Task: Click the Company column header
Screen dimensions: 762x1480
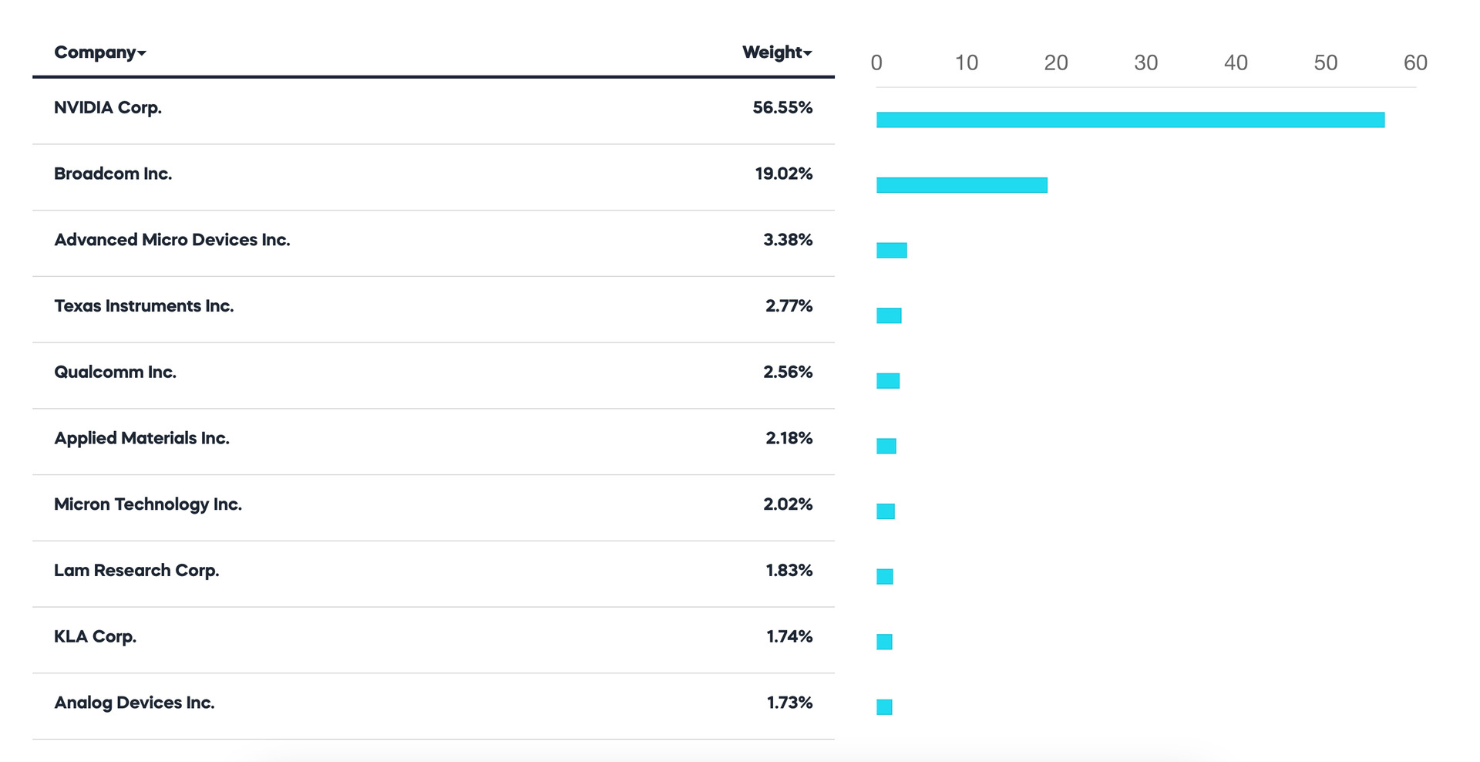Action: (x=95, y=52)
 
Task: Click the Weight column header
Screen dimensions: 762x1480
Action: (x=772, y=52)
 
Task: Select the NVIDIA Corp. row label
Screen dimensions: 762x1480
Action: (x=108, y=108)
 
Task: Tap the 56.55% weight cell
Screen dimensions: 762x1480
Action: (x=782, y=108)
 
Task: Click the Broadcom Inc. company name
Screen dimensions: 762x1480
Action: (x=113, y=174)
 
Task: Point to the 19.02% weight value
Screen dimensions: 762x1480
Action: (x=783, y=174)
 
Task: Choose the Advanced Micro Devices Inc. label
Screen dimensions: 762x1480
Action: (x=172, y=240)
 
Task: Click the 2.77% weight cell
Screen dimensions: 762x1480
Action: (x=789, y=306)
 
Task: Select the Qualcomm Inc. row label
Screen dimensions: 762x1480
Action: (x=115, y=373)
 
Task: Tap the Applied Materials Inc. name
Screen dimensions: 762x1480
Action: (x=142, y=438)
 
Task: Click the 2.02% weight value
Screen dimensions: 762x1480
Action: (x=788, y=504)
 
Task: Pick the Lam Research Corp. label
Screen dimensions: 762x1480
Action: (x=136, y=571)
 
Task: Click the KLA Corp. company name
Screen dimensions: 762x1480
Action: (x=95, y=637)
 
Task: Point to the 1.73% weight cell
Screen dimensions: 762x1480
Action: (x=789, y=703)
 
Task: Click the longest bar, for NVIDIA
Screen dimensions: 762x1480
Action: (x=1130, y=120)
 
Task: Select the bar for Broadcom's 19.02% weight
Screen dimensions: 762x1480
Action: (x=961, y=185)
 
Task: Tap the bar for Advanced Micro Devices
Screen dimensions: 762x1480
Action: (x=891, y=250)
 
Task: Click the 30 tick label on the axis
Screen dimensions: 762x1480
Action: (x=1145, y=63)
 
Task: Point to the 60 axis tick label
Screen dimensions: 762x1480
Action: (x=1415, y=63)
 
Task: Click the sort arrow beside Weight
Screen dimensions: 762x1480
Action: (x=808, y=53)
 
